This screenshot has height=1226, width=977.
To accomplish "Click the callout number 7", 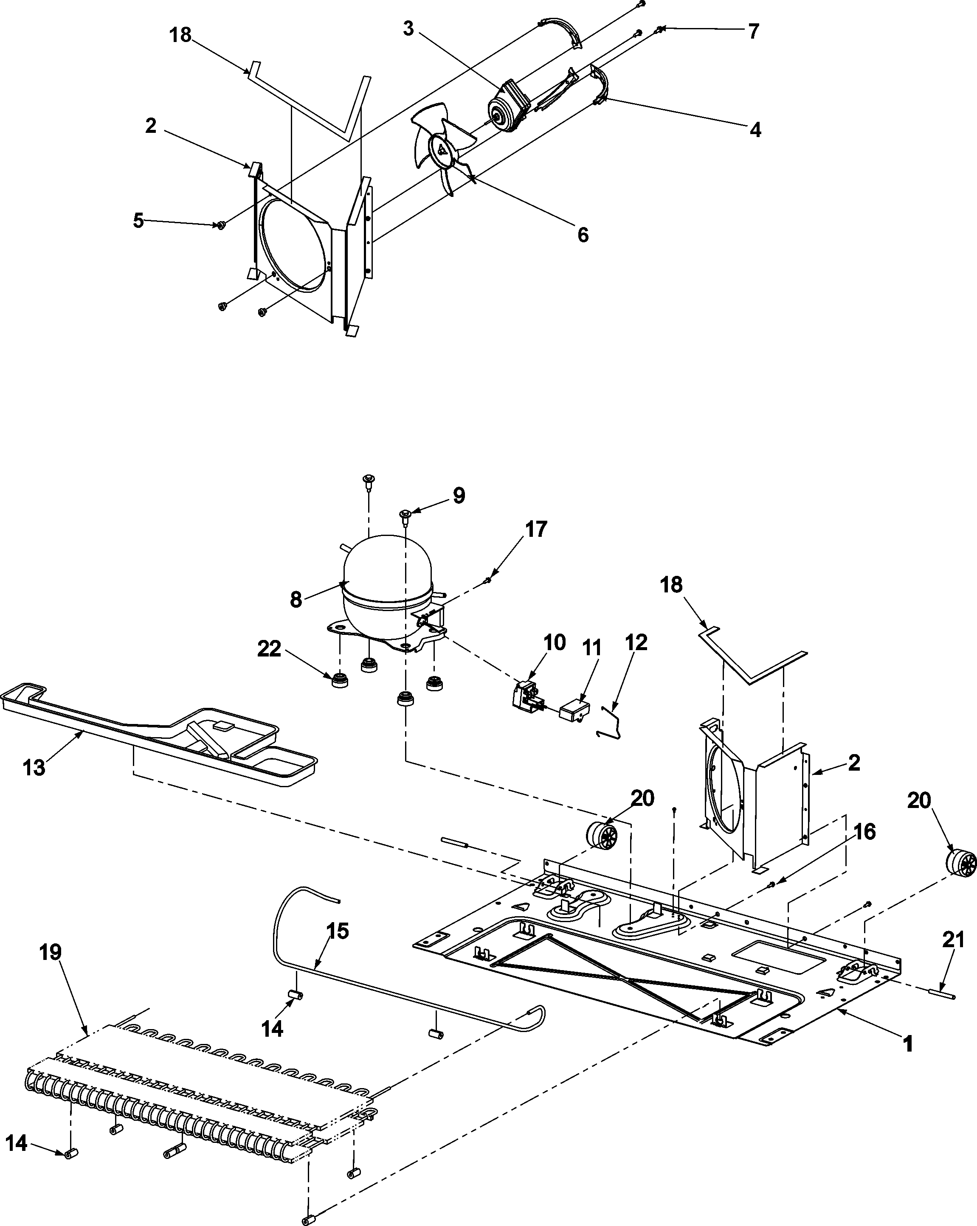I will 753,32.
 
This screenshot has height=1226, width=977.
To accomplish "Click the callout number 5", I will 138,221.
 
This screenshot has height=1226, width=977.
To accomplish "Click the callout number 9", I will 459,495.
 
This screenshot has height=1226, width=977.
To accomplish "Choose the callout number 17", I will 535,530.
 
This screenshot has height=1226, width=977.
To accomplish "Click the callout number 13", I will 34,767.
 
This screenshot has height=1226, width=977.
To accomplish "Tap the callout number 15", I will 338,931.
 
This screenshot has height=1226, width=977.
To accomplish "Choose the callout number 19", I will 51,952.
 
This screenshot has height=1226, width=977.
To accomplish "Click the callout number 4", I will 755,130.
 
